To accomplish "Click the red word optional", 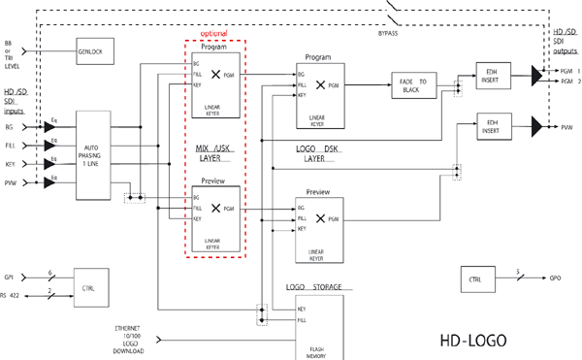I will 213,34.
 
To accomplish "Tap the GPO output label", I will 555,278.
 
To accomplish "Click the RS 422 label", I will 10,295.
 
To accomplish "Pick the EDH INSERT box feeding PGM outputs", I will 493,74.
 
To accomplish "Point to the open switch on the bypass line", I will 394,15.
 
